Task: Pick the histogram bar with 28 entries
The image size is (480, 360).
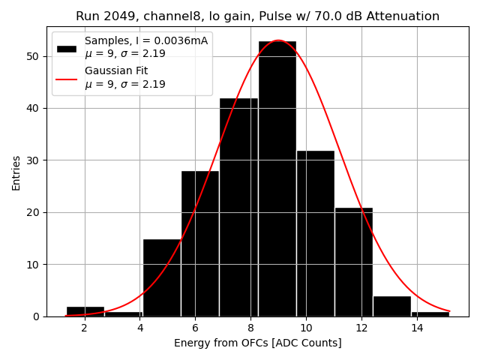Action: click(200, 243)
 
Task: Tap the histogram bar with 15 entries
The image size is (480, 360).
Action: click(162, 277)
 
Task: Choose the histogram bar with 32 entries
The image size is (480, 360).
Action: click(315, 233)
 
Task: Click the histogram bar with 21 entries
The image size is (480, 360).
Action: click(353, 262)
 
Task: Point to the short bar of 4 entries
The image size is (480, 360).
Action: click(391, 306)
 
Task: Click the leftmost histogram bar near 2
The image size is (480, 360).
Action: click(85, 311)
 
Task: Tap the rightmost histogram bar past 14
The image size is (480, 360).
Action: click(430, 313)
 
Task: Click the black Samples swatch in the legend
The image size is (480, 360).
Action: click(67, 48)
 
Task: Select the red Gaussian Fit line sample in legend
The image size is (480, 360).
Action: click(67, 78)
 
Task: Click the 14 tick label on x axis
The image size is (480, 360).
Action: click(417, 328)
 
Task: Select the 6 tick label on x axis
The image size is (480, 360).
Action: click(195, 328)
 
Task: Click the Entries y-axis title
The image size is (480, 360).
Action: click(16, 172)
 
